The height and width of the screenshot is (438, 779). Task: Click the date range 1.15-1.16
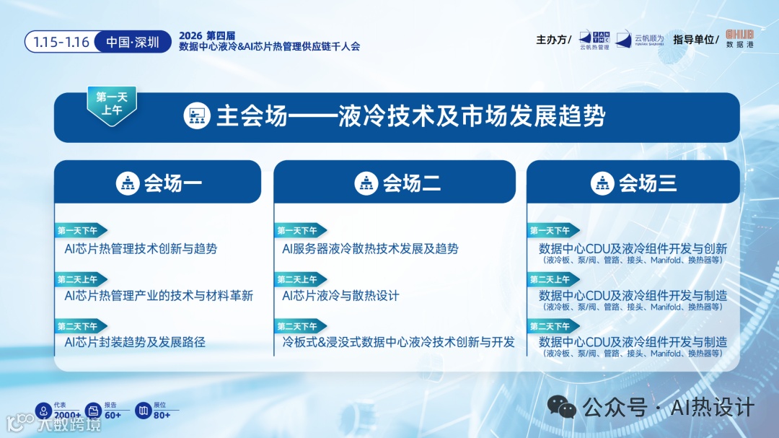coord(61,42)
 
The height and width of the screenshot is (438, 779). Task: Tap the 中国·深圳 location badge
coord(133,42)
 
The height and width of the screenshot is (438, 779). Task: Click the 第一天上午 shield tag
coord(111,104)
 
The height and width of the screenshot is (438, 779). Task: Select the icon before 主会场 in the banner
coord(196,117)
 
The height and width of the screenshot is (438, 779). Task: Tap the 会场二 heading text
coord(412,183)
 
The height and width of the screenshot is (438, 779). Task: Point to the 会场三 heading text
coord(648,183)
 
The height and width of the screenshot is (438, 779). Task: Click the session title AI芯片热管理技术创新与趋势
coord(141,249)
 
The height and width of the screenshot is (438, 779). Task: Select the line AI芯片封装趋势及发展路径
coord(135,342)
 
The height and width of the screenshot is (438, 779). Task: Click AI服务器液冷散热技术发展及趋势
coord(370,249)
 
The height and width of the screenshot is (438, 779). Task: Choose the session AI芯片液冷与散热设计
coord(340,296)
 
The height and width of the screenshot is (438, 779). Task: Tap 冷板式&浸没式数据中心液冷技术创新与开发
coord(398,342)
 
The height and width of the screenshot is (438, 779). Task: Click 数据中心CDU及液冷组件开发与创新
coord(633,249)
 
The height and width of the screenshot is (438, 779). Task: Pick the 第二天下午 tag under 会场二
coord(297,326)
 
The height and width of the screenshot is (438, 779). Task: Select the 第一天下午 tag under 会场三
coord(550,231)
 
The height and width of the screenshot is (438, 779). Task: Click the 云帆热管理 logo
coord(594,40)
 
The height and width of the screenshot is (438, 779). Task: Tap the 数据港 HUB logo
coord(739,38)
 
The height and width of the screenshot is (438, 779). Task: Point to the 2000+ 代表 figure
coord(66,414)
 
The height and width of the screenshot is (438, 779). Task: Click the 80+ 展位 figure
coord(162,414)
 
